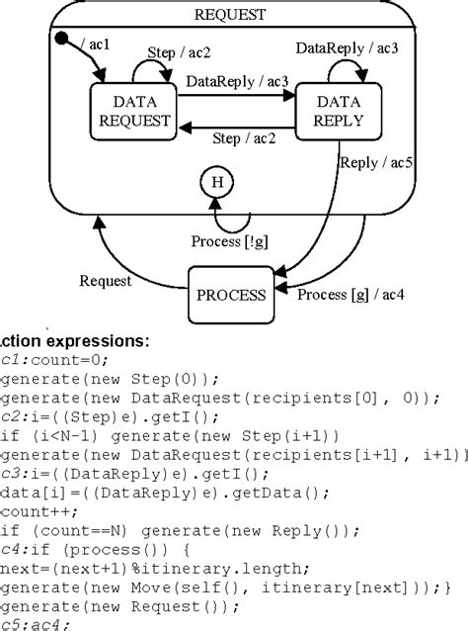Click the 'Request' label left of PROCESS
pyautogui.click(x=106, y=281)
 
